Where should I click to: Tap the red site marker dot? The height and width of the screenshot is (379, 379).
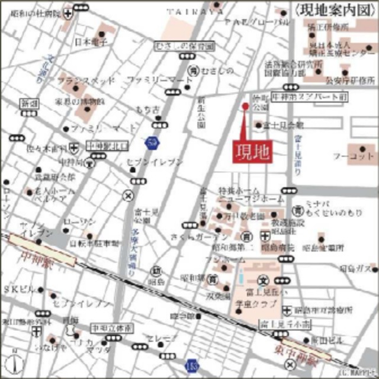tap(245, 106)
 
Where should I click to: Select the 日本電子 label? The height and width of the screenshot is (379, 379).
tap(91, 42)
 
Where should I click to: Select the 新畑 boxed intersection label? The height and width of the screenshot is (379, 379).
tap(30, 104)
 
